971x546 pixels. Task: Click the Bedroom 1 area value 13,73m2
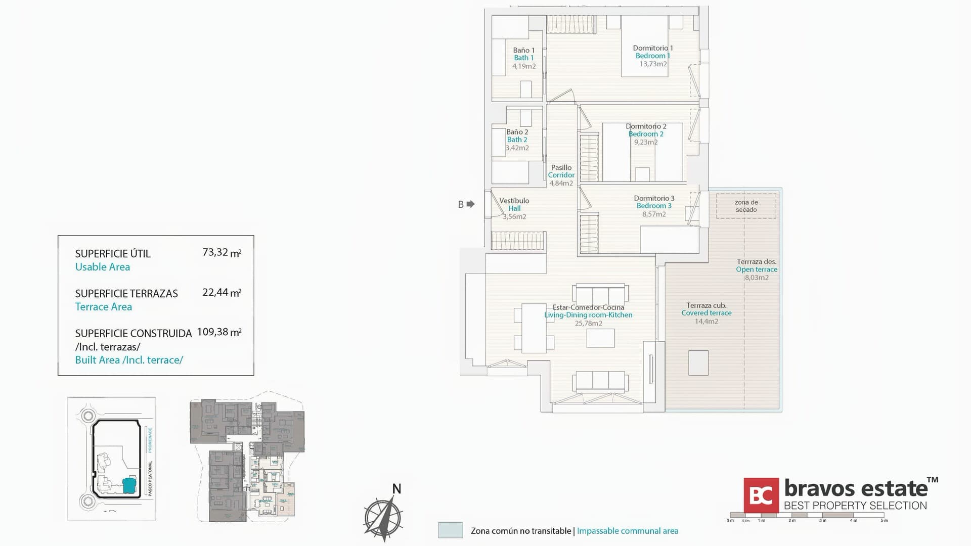pos(653,64)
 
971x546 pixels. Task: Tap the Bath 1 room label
pos(523,54)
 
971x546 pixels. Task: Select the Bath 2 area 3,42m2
pos(517,148)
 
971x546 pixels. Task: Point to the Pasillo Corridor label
pos(561,171)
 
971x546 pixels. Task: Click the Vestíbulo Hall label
pos(514,204)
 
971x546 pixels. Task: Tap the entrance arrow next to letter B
pos(471,204)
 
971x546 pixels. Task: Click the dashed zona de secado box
pos(746,206)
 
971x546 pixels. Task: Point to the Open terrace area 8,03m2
pos(757,278)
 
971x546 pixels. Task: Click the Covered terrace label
pos(706,309)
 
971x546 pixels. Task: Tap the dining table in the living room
pos(534,328)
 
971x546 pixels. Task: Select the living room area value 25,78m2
pos(588,324)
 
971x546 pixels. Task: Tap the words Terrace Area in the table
pos(104,307)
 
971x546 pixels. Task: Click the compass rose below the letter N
pos(383,518)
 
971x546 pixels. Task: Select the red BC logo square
pos(761,495)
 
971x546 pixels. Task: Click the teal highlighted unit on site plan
pos(130,485)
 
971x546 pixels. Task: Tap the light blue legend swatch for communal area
pos(450,530)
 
